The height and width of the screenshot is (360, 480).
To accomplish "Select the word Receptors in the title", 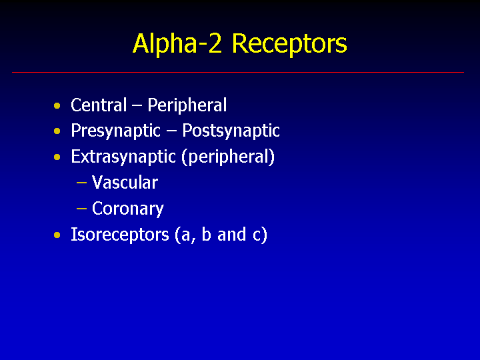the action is tap(289, 44).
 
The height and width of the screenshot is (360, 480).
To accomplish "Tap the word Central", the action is tap(99, 105).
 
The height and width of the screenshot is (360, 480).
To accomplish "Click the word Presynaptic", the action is tap(116, 132).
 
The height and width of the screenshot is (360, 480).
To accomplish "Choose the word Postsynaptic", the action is tap(231, 132).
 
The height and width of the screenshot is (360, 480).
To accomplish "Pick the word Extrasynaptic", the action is tap(123, 157).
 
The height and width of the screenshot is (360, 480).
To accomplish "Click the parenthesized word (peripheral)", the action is tap(228, 157).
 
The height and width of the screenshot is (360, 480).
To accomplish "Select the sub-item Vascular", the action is tap(125, 183).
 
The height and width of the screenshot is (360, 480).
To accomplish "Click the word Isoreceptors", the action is tap(120, 235).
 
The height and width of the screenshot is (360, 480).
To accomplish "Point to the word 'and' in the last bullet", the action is tap(231, 234).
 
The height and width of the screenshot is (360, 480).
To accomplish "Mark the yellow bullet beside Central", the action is tap(57, 106).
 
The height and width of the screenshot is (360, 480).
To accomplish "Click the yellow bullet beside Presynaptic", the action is tap(57, 131).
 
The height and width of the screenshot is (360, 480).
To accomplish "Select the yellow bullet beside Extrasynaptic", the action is tap(57, 157).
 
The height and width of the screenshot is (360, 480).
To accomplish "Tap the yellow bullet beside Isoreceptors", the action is tap(57, 235).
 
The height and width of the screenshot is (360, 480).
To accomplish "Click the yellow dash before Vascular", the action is tap(82, 183).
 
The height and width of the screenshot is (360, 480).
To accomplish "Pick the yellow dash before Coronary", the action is tap(82, 209).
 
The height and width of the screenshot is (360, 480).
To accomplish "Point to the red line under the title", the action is tap(238, 72).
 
